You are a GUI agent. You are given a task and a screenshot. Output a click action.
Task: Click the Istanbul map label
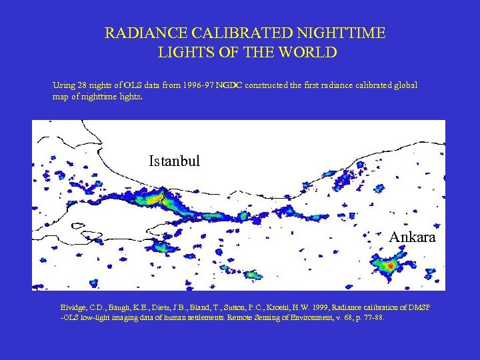[174, 161]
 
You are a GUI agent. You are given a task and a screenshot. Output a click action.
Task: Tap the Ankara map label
[412, 237]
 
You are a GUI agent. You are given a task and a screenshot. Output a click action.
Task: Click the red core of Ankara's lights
[389, 265]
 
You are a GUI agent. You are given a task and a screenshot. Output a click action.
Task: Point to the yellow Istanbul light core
[155, 197]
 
